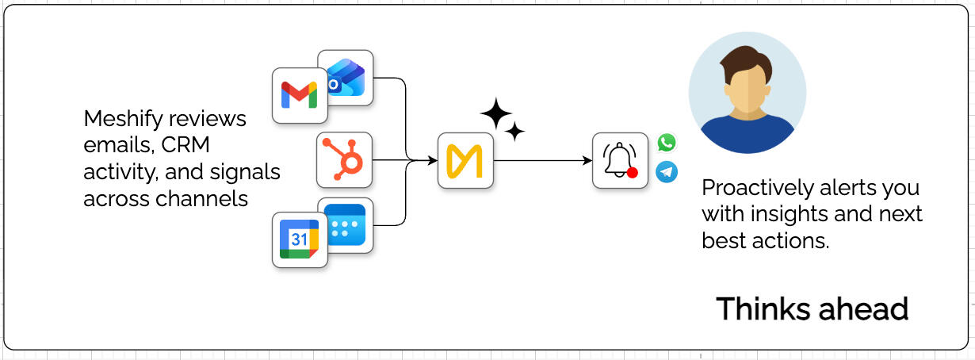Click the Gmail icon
[300, 96]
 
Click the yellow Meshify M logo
[465, 161]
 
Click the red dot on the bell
[632, 172]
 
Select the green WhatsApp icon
[667, 143]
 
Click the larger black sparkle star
[496, 114]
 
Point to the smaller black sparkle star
[515, 132]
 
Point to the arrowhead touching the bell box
[588, 161]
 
